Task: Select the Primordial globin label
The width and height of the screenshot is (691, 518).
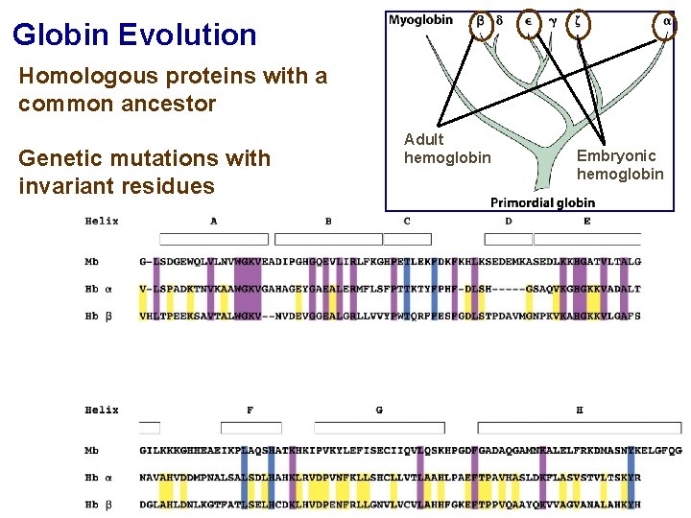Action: (x=542, y=202)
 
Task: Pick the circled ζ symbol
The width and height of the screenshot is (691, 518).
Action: (x=579, y=21)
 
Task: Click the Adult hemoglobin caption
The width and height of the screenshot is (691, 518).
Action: (x=446, y=149)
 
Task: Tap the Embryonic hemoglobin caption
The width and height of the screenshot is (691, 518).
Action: (x=619, y=164)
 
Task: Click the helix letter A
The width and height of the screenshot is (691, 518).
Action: (x=213, y=222)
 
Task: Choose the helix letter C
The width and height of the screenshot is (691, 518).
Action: (x=407, y=222)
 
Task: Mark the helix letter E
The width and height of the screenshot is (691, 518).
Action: (x=586, y=222)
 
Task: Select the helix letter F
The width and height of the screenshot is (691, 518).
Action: (x=250, y=411)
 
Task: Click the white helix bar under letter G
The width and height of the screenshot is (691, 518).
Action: (x=379, y=428)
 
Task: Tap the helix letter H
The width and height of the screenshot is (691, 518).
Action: (x=579, y=411)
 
